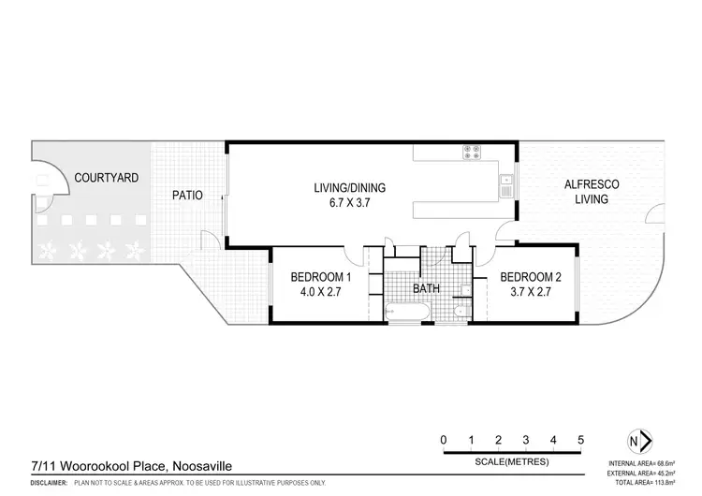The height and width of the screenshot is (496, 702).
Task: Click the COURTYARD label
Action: (x=107, y=177)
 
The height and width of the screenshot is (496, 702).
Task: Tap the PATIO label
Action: (x=188, y=196)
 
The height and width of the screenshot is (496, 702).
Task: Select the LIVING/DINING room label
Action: (x=349, y=187)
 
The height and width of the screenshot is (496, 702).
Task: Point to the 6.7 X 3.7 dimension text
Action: (x=349, y=201)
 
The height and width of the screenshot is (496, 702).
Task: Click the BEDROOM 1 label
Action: (x=321, y=277)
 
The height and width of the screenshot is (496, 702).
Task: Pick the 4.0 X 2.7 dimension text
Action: (x=321, y=292)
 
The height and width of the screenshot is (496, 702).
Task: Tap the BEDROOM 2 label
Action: (x=531, y=277)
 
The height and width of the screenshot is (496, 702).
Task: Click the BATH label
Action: (x=426, y=289)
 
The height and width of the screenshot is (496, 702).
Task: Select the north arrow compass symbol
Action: (x=637, y=442)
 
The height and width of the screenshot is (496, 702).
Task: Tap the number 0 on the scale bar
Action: (x=444, y=440)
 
